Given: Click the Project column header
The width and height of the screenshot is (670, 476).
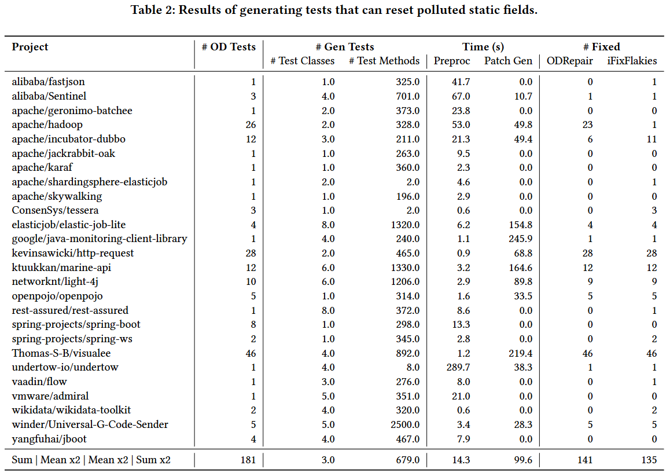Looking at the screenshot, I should tap(30, 47).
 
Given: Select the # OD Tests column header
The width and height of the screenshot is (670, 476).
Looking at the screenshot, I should tap(229, 47).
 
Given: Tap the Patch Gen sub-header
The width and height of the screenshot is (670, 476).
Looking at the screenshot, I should tap(508, 61).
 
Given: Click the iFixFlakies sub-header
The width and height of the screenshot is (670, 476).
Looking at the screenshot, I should tap(632, 61).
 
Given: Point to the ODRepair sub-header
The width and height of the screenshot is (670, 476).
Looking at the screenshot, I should tap(569, 61).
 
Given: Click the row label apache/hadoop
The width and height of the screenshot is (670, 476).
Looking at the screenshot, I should tap(47, 125).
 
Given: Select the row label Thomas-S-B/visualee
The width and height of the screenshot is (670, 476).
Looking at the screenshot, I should tap(61, 353).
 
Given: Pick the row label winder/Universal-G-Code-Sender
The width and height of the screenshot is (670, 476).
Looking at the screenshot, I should tap(90, 424).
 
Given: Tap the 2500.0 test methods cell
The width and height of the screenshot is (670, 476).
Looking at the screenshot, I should tap(404, 424).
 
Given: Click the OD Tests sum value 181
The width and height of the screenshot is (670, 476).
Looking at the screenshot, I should tap(247, 460).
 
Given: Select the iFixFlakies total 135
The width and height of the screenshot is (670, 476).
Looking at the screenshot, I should tap(649, 460).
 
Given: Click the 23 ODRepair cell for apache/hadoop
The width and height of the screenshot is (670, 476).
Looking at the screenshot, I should tap(588, 125).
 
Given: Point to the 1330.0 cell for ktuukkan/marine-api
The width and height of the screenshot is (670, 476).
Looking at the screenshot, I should tap(404, 268).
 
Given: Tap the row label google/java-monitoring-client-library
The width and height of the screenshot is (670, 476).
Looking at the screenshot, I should tap(100, 239).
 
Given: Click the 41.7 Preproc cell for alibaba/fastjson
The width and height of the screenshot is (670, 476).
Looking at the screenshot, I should tap(461, 82).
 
